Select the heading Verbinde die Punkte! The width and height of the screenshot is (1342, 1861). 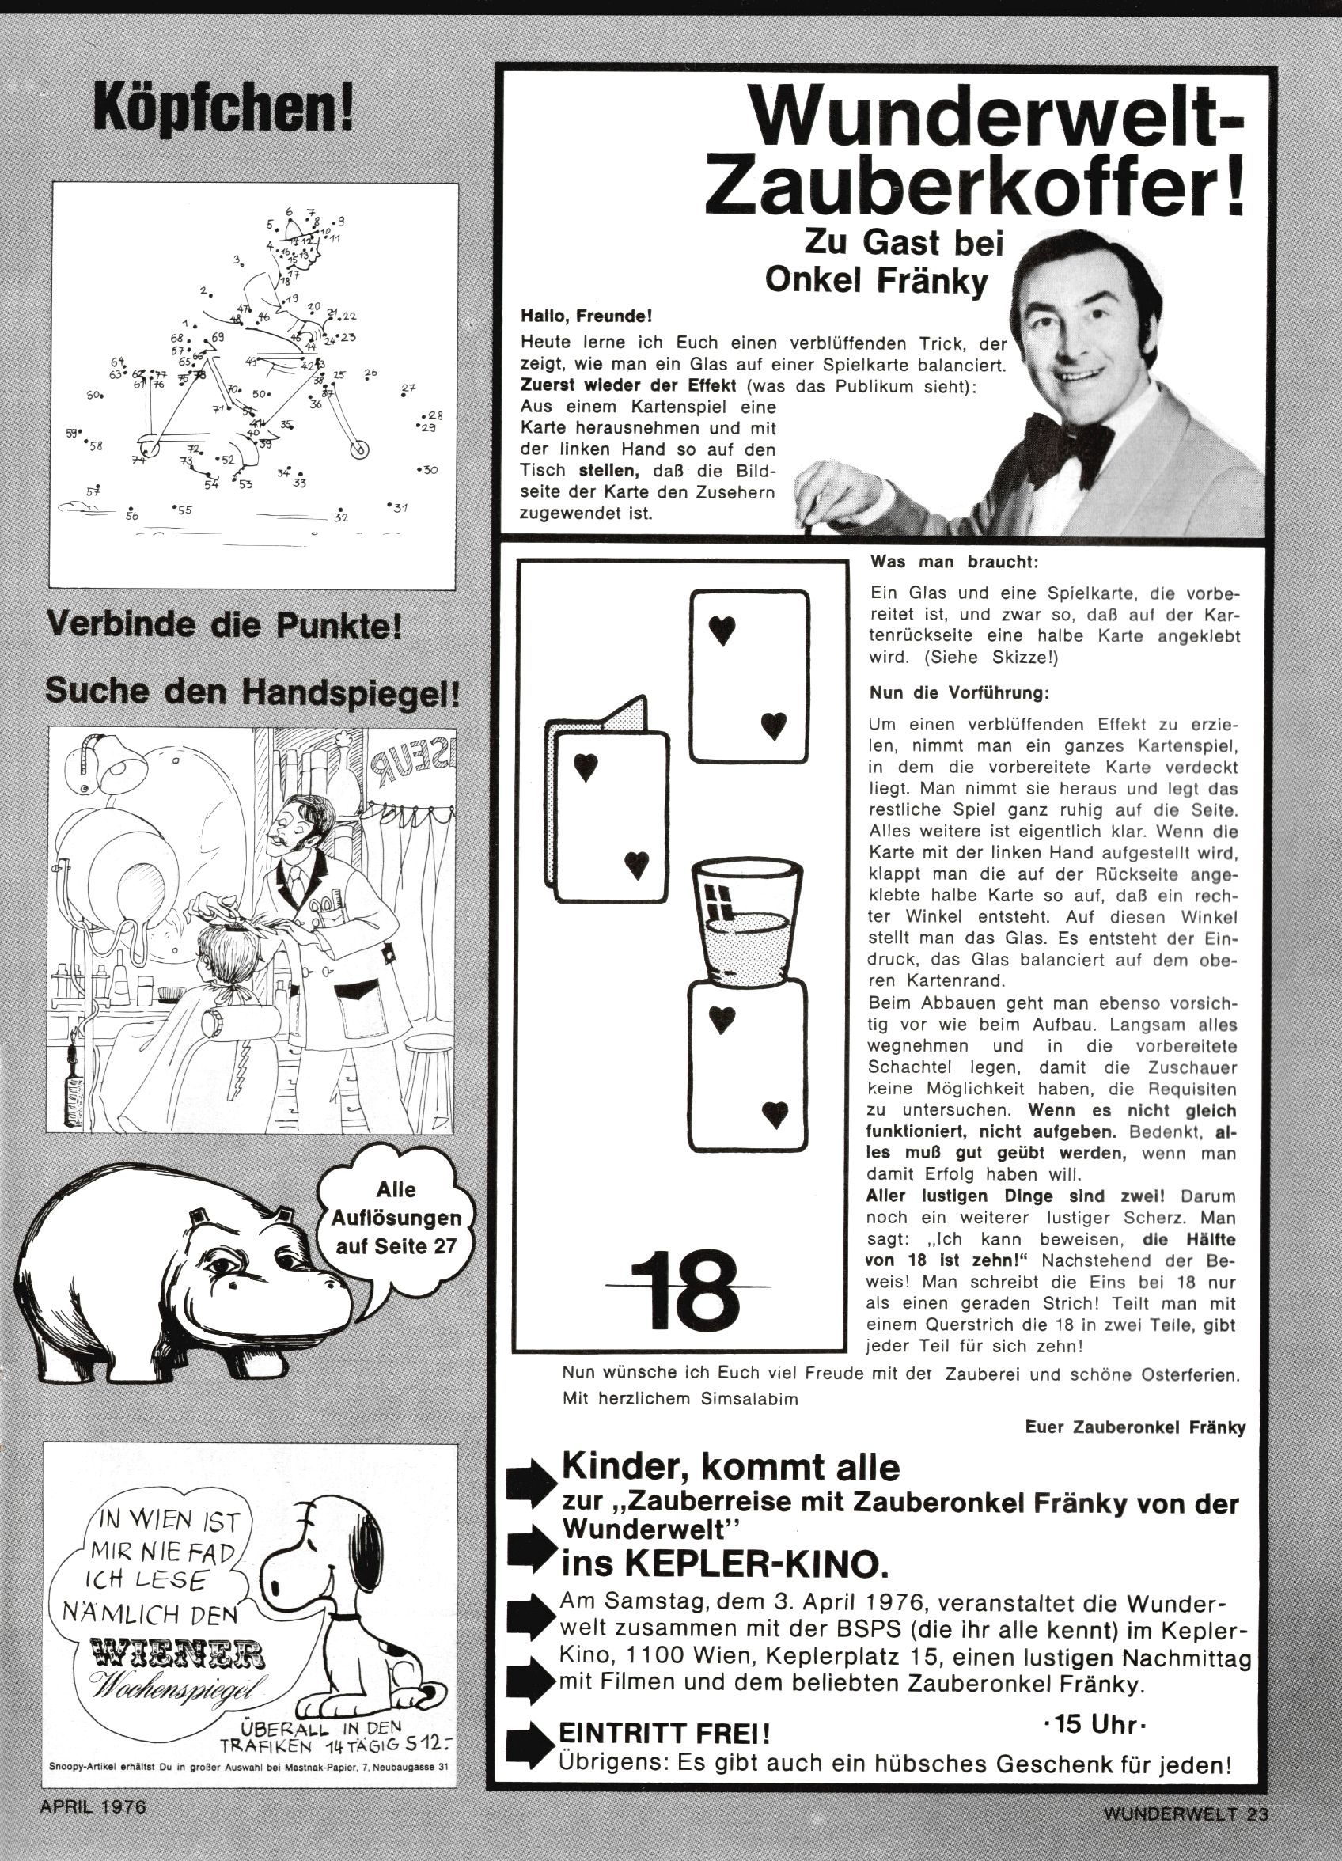pos(224,626)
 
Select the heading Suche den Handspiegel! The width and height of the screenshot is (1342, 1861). pos(252,692)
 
